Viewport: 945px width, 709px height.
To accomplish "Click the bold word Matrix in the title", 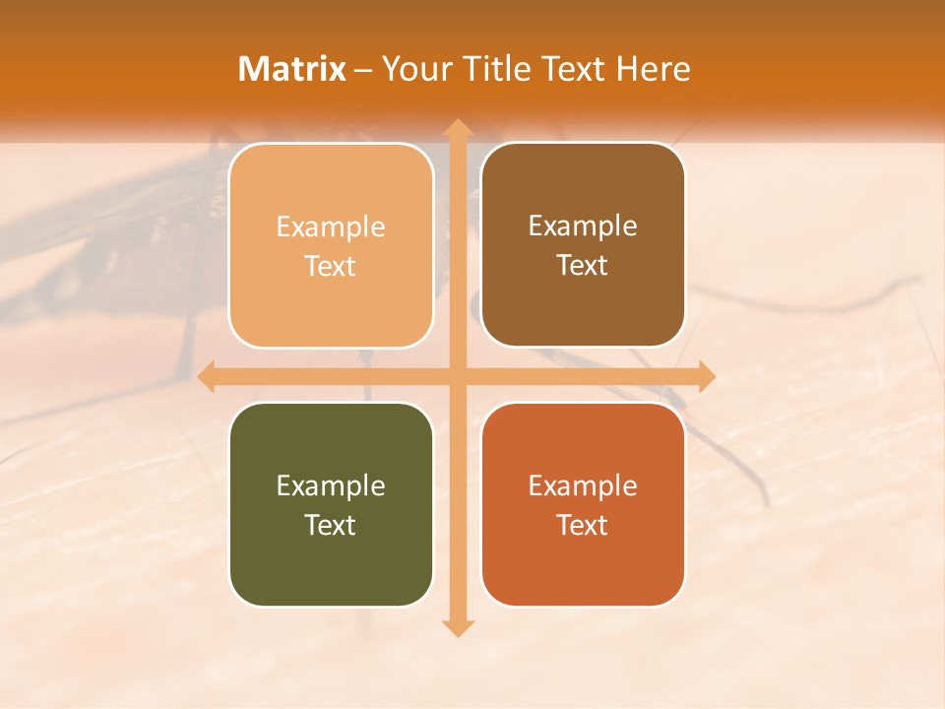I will (x=292, y=69).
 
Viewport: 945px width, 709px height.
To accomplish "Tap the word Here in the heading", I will (x=653, y=69).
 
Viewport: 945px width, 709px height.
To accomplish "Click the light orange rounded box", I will (x=331, y=245).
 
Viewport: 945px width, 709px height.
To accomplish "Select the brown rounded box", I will (x=583, y=245).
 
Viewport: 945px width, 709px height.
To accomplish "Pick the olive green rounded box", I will (x=331, y=504).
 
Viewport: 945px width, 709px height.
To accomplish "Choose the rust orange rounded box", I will (x=583, y=504).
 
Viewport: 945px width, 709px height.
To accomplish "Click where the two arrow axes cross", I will (x=457, y=376).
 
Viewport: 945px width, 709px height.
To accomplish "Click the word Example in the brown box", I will (x=583, y=226).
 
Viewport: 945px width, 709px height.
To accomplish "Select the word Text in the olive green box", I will (x=331, y=525).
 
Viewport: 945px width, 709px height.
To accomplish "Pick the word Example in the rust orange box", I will (x=583, y=485).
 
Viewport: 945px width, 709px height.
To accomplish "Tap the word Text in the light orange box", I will (x=331, y=266).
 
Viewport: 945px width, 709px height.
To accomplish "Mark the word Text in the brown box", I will (x=583, y=265).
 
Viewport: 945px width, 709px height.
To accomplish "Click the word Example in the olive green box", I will (x=331, y=485).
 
